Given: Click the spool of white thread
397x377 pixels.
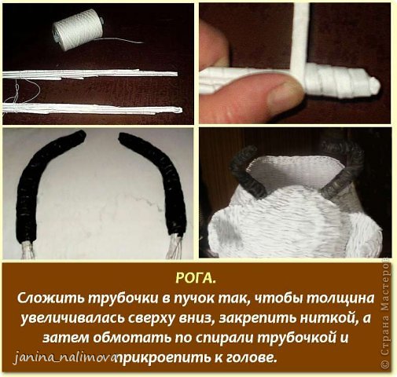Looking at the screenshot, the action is (x=77, y=29).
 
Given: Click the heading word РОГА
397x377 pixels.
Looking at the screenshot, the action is (x=196, y=278).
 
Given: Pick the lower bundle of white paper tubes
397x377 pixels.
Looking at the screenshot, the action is (x=92, y=108).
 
